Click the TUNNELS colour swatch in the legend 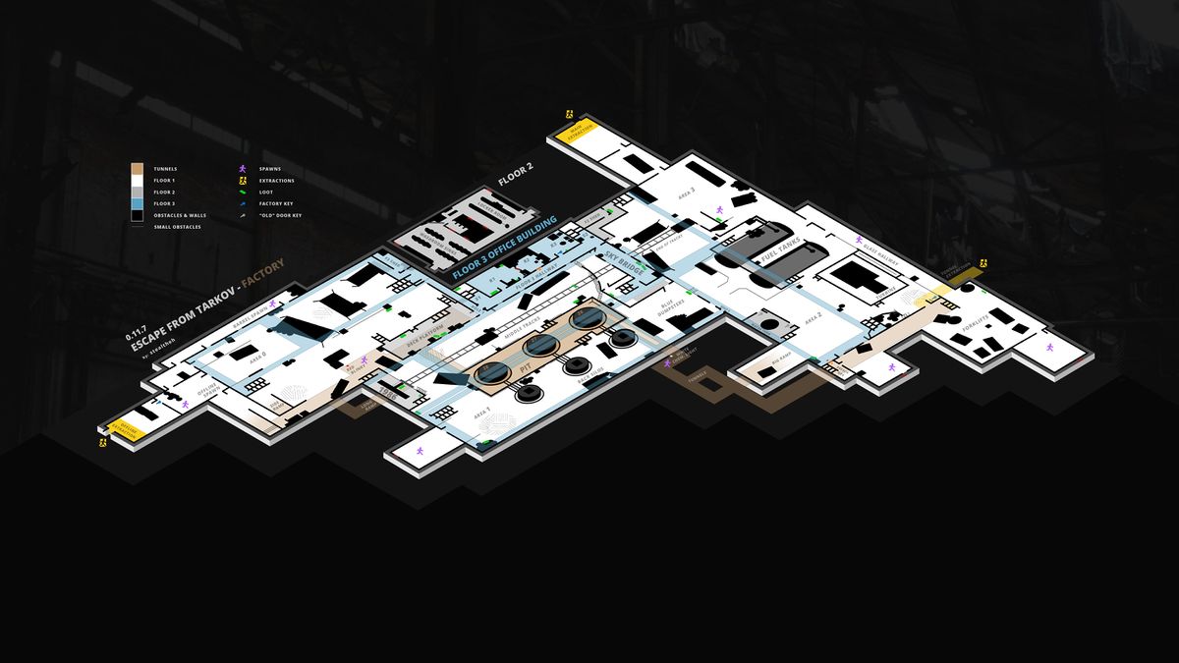(138, 169)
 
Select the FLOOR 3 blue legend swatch (138, 203)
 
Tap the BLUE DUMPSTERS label (672, 312)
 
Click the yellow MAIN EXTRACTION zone (580, 136)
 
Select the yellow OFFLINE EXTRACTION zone (129, 429)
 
